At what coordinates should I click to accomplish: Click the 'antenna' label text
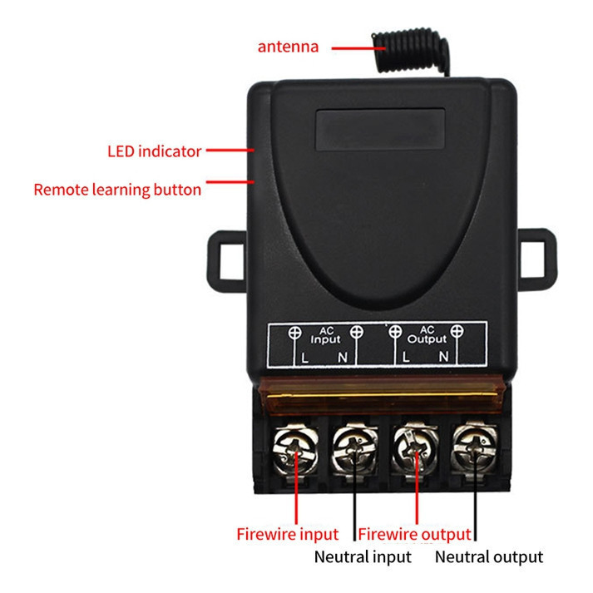click(288, 47)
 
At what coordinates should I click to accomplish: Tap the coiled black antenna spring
click(411, 50)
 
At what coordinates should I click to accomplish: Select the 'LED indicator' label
click(155, 151)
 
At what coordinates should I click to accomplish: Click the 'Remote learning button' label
click(117, 190)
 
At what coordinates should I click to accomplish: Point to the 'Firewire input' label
click(288, 535)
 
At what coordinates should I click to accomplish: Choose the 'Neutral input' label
click(363, 557)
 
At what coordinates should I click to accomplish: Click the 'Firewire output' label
click(414, 535)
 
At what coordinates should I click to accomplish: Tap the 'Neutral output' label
click(489, 557)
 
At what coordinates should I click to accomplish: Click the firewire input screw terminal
click(295, 450)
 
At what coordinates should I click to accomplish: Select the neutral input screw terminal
click(355, 450)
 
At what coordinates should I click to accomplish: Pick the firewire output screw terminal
click(415, 449)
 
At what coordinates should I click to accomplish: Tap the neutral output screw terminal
click(475, 448)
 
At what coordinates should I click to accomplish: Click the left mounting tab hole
click(232, 262)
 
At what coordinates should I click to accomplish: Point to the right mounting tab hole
click(532, 259)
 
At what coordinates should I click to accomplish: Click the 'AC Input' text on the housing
click(326, 335)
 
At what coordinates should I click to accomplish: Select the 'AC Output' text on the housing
click(427, 335)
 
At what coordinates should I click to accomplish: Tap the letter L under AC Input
click(305, 358)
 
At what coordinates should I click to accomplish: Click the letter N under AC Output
click(444, 356)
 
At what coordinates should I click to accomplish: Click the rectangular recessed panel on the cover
click(380, 130)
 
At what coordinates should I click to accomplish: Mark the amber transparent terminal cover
click(381, 395)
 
